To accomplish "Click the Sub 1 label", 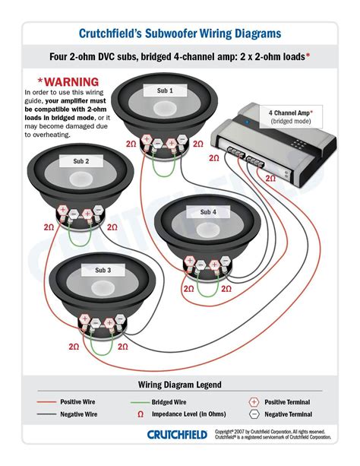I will point(165,90).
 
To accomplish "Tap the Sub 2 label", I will point(81,161).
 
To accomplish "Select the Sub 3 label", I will point(103,270).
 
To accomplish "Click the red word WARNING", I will point(68,81).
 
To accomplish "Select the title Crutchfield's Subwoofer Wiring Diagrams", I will point(180,33).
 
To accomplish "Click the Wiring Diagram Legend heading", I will point(180,385).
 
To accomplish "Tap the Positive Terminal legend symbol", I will point(253,401).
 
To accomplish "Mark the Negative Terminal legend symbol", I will point(253,415).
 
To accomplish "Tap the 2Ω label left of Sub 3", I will point(73,346).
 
